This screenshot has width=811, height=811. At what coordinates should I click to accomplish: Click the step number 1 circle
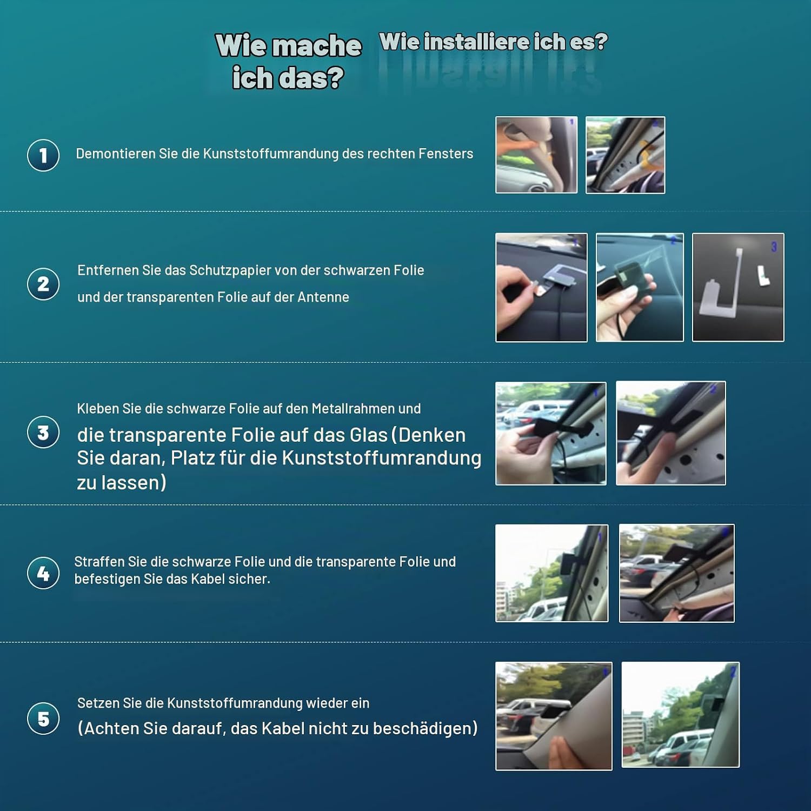click(x=43, y=155)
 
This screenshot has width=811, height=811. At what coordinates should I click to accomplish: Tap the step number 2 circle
click(x=43, y=284)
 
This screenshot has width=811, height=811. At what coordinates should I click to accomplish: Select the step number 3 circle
click(x=43, y=433)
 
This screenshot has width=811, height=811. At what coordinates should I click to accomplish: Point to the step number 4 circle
click(x=43, y=573)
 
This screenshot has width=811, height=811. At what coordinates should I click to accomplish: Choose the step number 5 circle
click(x=43, y=719)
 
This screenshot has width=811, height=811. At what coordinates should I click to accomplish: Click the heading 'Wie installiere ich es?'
click(x=494, y=42)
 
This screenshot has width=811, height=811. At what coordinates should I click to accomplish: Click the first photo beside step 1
click(x=536, y=155)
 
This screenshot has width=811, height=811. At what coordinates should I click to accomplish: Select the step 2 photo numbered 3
click(x=738, y=287)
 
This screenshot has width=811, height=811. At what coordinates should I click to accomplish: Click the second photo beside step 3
click(x=671, y=433)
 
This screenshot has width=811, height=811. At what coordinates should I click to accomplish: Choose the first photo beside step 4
click(x=552, y=573)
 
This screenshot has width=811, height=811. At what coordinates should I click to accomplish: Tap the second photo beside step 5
click(x=681, y=714)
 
